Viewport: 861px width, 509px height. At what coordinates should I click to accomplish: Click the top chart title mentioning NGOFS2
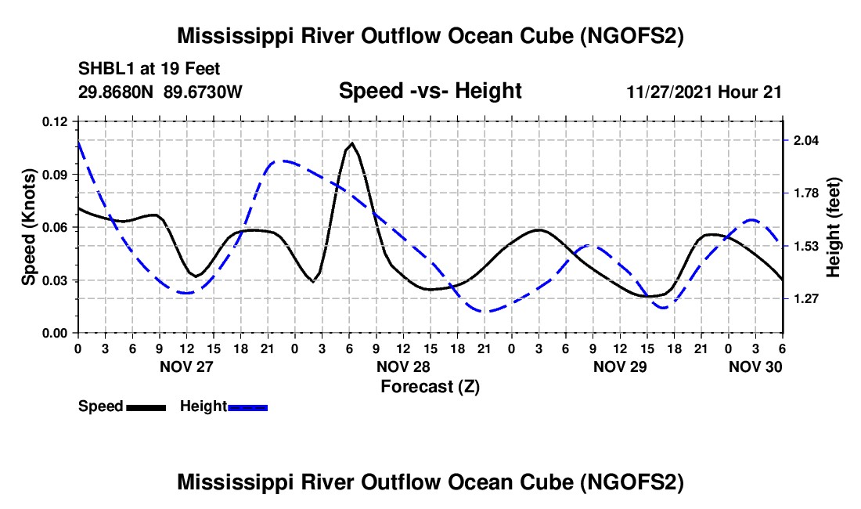point(430,36)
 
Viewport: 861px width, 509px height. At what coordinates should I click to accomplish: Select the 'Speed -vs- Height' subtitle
point(430,91)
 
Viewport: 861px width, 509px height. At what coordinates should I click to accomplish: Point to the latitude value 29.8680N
point(117,92)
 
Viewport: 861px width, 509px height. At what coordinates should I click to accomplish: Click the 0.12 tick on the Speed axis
point(56,121)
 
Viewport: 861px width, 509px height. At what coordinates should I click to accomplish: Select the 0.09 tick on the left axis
point(56,174)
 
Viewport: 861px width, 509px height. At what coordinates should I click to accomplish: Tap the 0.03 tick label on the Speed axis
point(56,280)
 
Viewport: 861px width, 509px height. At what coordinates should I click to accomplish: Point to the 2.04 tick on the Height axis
point(806,140)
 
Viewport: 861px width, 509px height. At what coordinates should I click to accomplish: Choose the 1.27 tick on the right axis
point(806,298)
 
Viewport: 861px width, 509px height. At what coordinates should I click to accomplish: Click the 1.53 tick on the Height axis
point(806,246)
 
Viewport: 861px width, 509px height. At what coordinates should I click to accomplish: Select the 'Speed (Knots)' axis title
point(29,227)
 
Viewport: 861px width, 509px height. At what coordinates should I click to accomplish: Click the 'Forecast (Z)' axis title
point(430,386)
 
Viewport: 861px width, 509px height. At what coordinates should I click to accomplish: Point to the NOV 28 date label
point(403,366)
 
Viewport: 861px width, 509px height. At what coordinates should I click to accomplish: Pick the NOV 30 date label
point(755,366)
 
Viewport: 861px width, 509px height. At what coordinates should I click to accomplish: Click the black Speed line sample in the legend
point(146,407)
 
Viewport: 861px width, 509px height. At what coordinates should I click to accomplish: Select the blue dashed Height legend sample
point(247,407)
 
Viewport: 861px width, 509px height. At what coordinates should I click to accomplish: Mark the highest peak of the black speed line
point(352,143)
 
